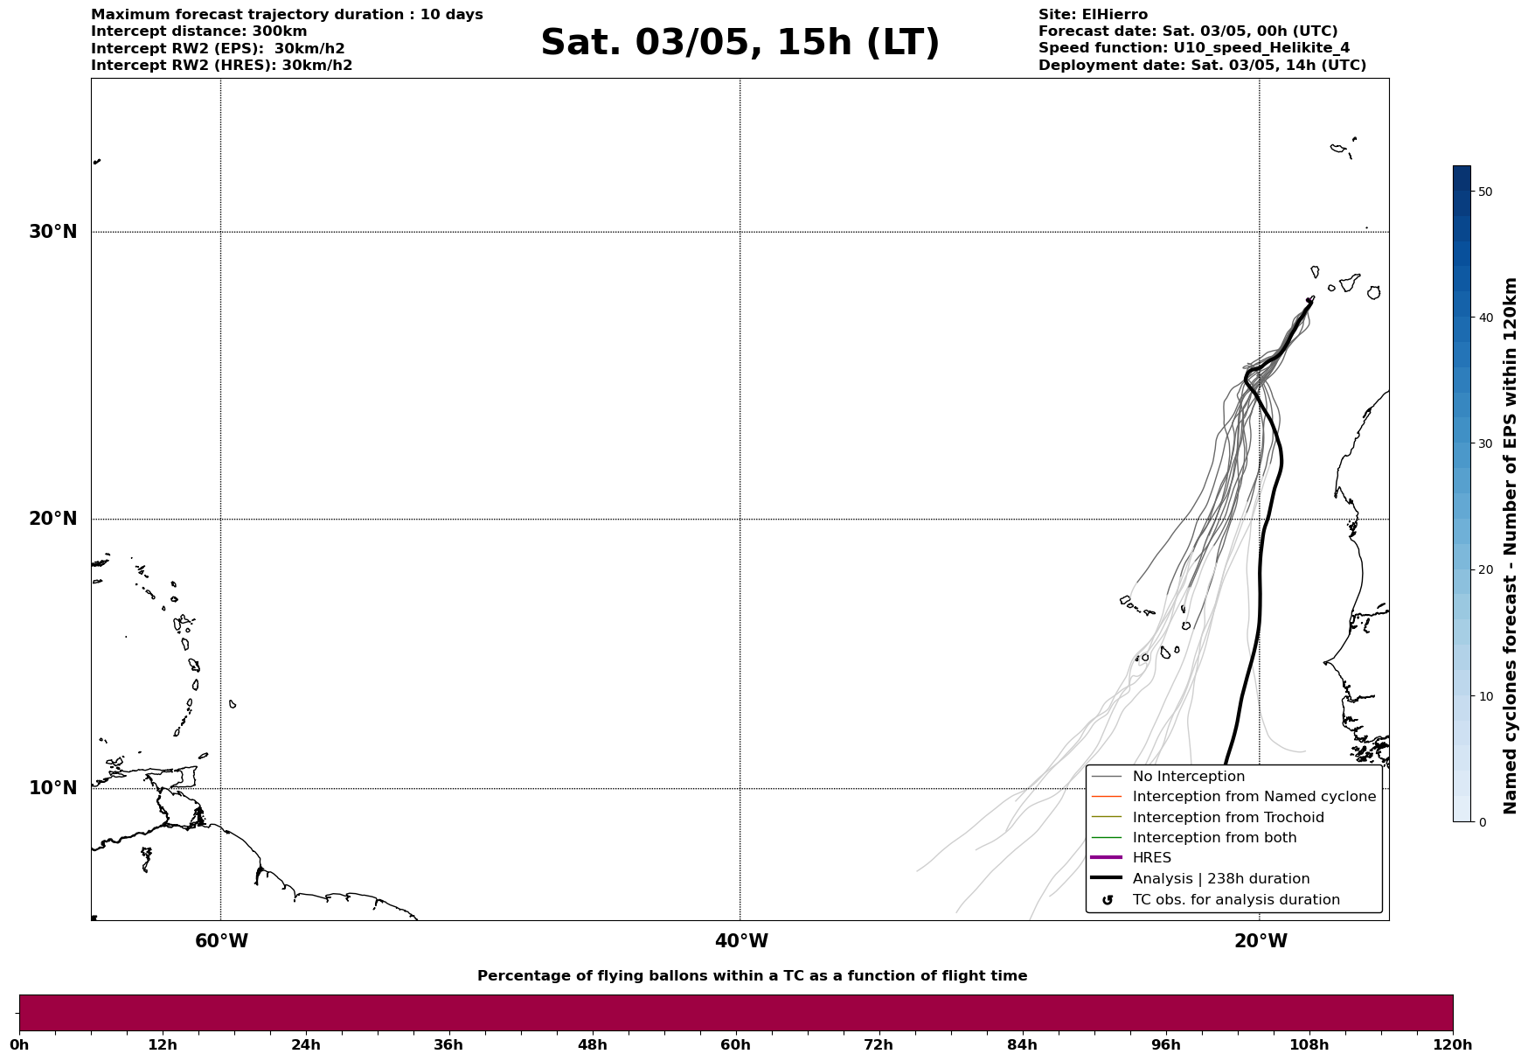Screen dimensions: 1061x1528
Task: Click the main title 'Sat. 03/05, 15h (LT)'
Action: click(x=740, y=43)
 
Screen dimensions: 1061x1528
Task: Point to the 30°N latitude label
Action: click(x=52, y=232)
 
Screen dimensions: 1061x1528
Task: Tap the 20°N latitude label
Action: click(x=52, y=519)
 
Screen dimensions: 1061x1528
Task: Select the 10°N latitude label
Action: click(x=52, y=788)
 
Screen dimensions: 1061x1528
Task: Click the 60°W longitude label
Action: click(x=221, y=941)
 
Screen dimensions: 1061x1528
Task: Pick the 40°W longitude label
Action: click(x=741, y=941)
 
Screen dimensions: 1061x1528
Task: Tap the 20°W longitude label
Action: click(x=1261, y=941)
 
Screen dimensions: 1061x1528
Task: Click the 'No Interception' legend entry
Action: click(x=1188, y=777)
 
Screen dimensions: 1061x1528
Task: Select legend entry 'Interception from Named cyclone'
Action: click(x=1254, y=797)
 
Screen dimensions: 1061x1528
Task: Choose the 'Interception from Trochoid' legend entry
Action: click(x=1227, y=818)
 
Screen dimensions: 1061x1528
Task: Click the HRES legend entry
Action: click(x=1151, y=858)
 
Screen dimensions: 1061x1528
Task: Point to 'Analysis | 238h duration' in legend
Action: click(x=1220, y=879)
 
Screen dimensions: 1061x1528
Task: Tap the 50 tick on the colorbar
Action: click(x=1484, y=192)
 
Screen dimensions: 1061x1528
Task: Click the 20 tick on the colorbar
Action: click(x=1484, y=570)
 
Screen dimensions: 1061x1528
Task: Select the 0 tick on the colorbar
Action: click(x=1482, y=822)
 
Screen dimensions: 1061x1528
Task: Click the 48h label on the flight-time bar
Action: click(x=592, y=1045)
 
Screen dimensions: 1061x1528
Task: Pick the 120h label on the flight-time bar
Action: click(x=1452, y=1045)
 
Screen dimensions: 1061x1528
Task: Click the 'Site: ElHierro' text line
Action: click(x=1093, y=15)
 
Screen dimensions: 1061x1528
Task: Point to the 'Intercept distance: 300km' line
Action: click(x=198, y=31)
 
